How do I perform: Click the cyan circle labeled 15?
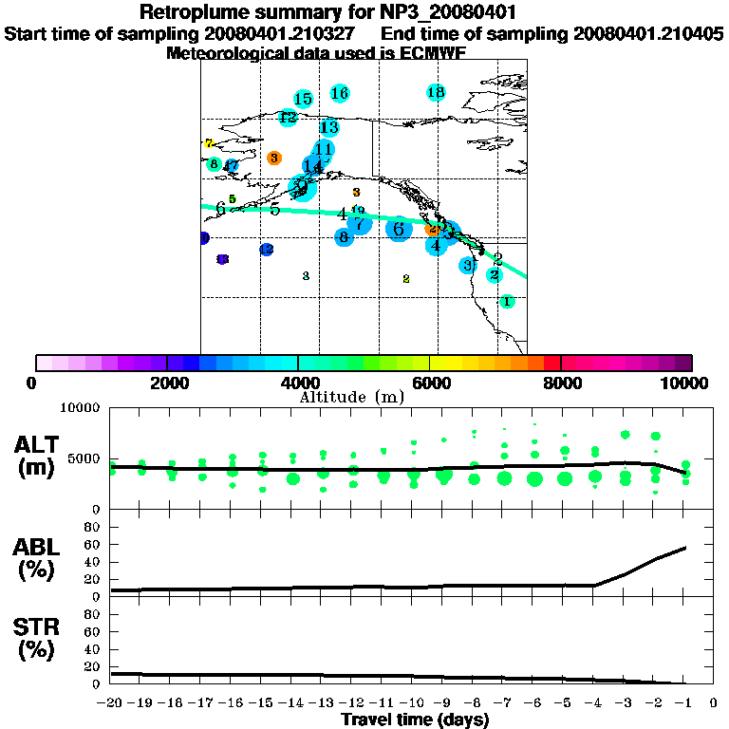pyautogui.click(x=303, y=99)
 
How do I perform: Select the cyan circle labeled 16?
pyautogui.click(x=340, y=93)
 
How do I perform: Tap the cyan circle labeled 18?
pyautogui.click(x=436, y=92)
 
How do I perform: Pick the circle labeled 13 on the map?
pyautogui.click(x=329, y=127)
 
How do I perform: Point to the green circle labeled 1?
pyautogui.click(x=507, y=301)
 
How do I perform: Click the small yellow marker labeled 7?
pyautogui.click(x=209, y=143)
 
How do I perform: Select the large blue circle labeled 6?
pyautogui.click(x=399, y=229)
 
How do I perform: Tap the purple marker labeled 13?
pyautogui.click(x=222, y=259)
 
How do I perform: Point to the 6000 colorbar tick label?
pyautogui.click(x=430, y=383)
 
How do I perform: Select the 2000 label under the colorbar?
pyautogui.click(x=167, y=383)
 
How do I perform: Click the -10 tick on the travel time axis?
pyautogui.click(x=413, y=702)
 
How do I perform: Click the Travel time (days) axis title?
pyautogui.click(x=415, y=720)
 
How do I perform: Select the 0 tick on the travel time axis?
pyautogui.click(x=714, y=702)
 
